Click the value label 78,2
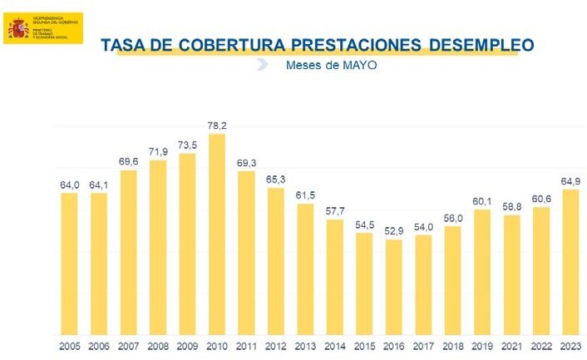[x=217, y=126]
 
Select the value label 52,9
[x=394, y=230]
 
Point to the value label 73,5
[x=188, y=145]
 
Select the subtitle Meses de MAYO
[x=331, y=66]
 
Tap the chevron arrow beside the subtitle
[x=263, y=65]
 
